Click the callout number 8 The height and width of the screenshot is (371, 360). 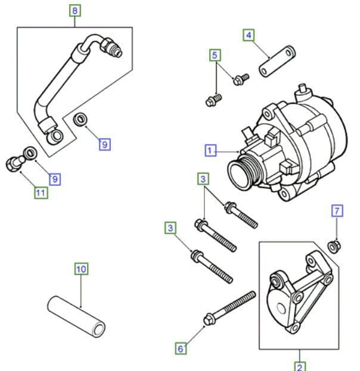coord(74,11)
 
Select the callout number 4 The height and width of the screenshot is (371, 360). coord(249,35)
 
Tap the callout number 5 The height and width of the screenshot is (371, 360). coord(215,56)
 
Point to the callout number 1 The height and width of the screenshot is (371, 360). coord(210,151)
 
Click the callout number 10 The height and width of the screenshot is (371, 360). coord(81,269)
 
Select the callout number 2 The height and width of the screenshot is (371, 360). coord(299,365)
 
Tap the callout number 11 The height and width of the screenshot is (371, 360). coord(41,192)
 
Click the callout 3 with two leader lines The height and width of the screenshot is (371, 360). coord(204,179)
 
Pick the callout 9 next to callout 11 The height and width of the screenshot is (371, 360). coord(55,178)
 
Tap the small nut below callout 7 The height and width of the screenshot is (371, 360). coord(334,244)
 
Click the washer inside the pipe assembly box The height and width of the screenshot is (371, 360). coord(80,121)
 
